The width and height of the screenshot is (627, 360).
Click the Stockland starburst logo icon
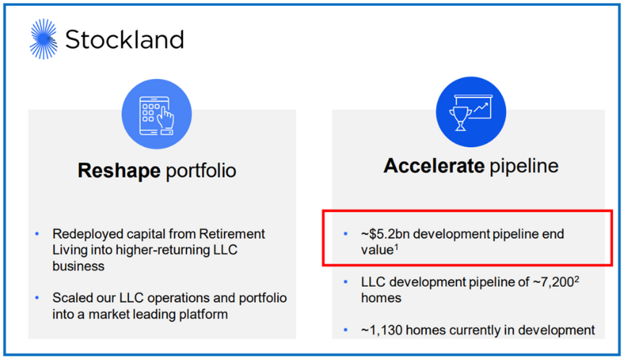click(x=43, y=38)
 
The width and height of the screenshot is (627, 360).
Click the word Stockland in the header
click(x=125, y=39)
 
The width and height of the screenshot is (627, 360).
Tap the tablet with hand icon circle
click(x=157, y=112)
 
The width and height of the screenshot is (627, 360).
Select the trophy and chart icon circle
click(x=471, y=112)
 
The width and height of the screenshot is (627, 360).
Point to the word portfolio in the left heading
click(x=202, y=171)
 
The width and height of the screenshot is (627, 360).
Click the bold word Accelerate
click(x=432, y=166)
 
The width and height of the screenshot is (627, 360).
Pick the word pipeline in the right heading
click(x=522, y=166)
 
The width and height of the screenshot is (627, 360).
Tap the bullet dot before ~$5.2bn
click(x=346, y=235)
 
